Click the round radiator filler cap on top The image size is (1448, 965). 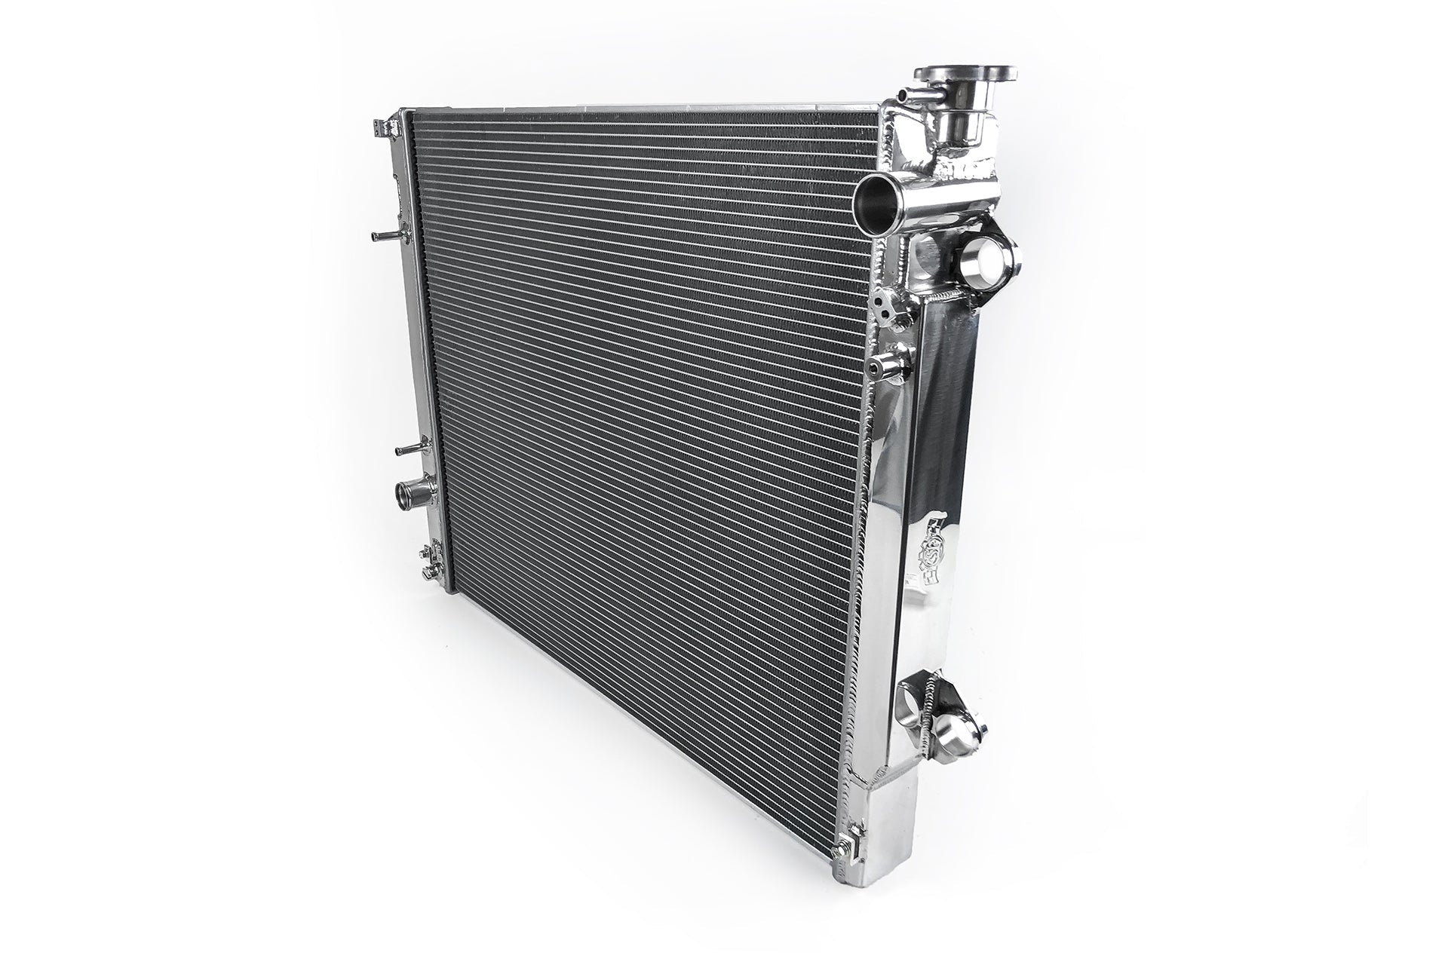(966, 75)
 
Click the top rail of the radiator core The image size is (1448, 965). (641, 113)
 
